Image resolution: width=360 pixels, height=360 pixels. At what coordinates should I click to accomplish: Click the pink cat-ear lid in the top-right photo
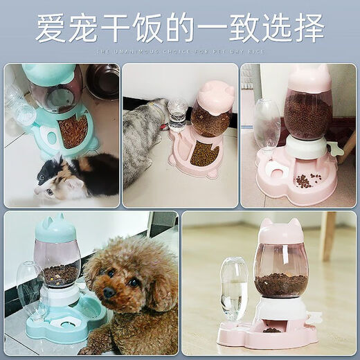point(309,78)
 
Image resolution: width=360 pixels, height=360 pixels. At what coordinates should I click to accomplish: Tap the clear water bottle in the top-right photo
point(266,125)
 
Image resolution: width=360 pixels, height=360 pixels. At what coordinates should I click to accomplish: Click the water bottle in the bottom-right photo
point(234,289)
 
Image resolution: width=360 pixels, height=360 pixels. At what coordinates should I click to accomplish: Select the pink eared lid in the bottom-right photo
point(280,230)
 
